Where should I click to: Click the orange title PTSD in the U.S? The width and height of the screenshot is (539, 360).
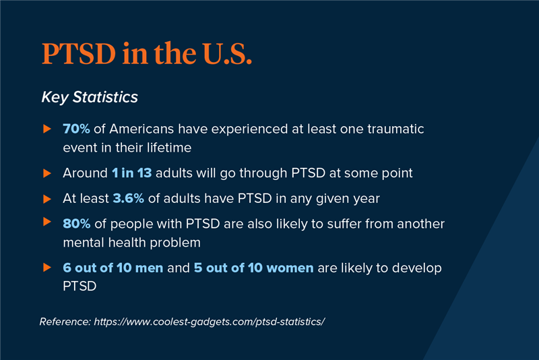147,55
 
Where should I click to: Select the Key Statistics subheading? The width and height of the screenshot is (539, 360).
90,97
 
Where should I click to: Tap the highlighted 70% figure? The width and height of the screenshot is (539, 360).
76,128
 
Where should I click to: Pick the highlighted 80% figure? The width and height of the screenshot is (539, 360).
77,223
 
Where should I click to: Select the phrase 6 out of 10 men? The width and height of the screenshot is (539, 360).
113,268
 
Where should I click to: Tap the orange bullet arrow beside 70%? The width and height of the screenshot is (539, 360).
47,128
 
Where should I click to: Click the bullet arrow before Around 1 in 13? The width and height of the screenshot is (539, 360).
47,173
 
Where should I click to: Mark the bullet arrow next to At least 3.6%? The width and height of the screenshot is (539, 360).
47,199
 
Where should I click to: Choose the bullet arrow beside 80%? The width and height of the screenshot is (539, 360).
47,222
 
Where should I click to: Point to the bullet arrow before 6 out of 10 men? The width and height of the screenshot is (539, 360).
47,268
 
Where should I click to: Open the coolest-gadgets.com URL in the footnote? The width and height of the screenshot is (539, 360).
211,321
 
